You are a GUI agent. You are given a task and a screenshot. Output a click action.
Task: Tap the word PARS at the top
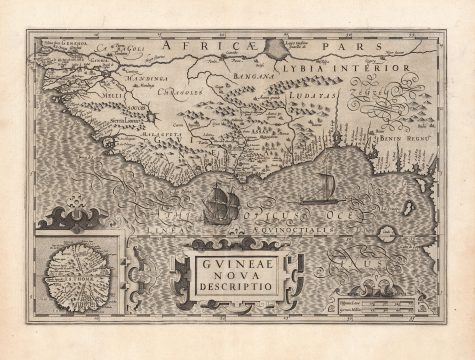pyautogui.click(x=331, y=46)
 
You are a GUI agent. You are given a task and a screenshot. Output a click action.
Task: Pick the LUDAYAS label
pyautogui.click(x=318, y=98)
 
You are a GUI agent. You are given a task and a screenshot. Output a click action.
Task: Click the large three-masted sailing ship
pyautogui.click(x=217, y=205)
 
